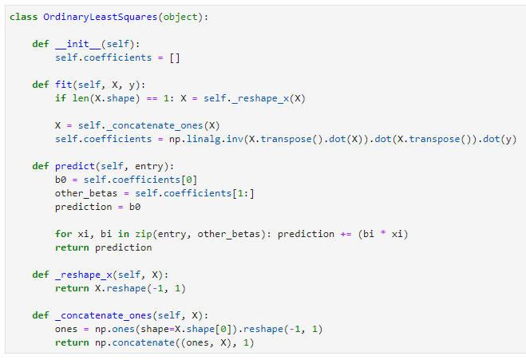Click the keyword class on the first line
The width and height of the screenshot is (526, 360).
pyautogui.click(x=22, y=18)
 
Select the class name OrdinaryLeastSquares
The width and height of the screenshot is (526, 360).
pyautogui.click(x=98, y=18)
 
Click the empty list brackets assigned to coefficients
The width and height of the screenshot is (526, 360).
pyautogui.click(x=176, y=57)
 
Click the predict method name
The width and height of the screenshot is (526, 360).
pyautogui.click(x=75, y=166)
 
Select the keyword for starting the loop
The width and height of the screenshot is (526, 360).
pyautogui.click(x=63, y=234)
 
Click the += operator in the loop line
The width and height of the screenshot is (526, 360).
pyautogui.click(x=346, y=234)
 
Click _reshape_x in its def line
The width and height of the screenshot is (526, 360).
pyautogui.click(x=83, y=275)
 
